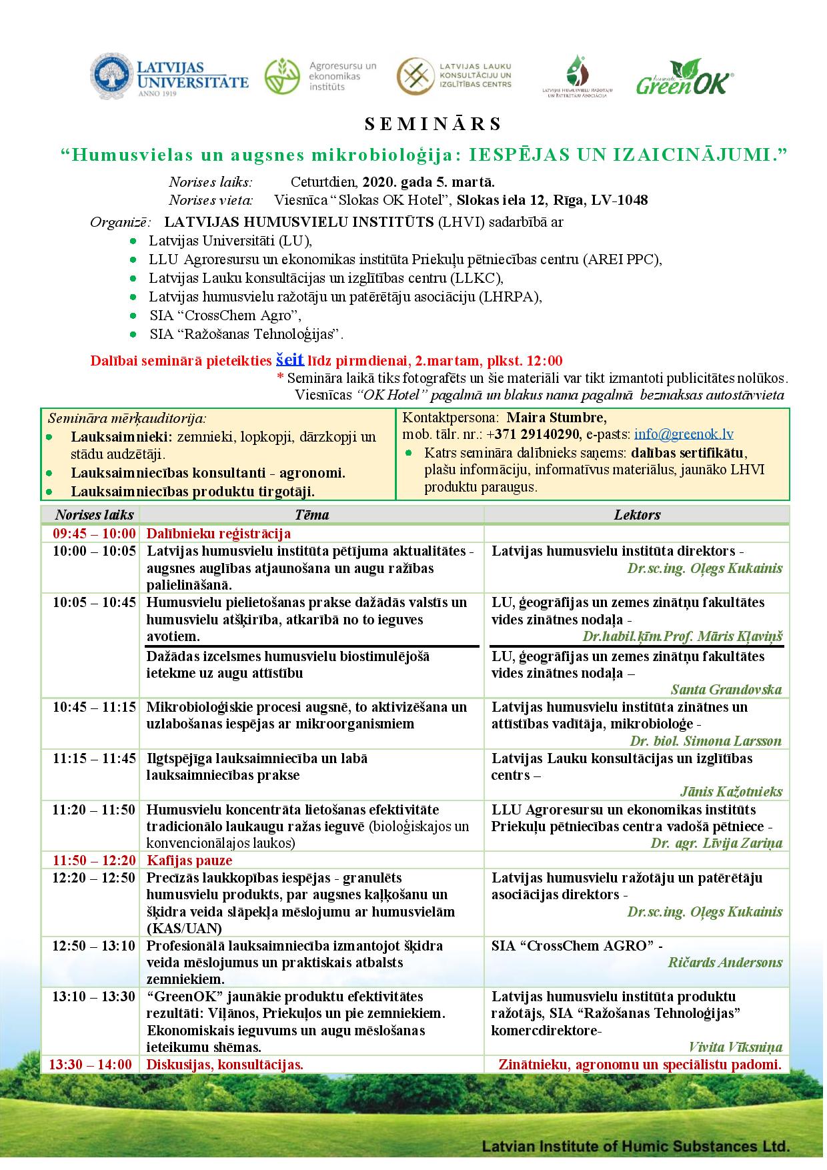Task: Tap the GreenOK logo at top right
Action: point(684,77)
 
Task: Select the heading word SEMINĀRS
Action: point(433,124)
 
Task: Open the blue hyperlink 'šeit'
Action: point(290,360)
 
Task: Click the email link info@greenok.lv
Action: point(684,434)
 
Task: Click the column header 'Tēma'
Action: point(311,514)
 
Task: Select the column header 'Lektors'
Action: point(637,514)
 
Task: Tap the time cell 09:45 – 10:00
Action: point(94,534)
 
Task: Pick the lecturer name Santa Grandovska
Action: point(726,690)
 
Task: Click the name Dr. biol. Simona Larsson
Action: point(706,741)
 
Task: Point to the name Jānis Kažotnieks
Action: point(731,792)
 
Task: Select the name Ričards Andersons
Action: point(725,963)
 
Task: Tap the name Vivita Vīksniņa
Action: point(735,1047)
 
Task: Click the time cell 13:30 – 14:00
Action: point(91,1065)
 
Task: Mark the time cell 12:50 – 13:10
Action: point(94,946)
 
